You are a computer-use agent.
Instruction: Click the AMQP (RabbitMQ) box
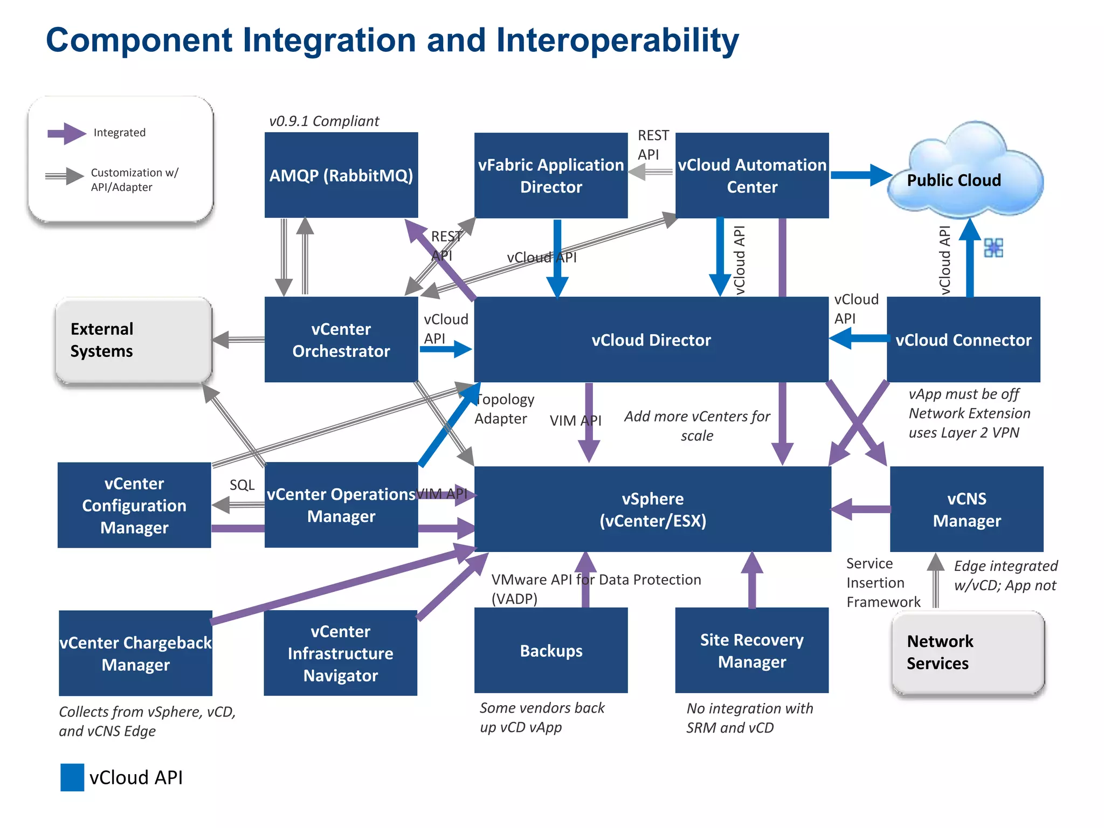coord(341,175)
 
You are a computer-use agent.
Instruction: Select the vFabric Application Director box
coord(550,175)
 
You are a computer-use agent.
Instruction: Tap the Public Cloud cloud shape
coord(965,178)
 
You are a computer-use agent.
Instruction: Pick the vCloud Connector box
coord(963,340)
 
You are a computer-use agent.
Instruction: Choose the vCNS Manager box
coord(966,509)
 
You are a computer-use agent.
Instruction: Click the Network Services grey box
coord(968,652)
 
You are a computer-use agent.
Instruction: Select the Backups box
coord(550,650)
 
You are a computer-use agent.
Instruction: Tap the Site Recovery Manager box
coord(751,650)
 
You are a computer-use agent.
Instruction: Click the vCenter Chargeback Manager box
coord(135,653)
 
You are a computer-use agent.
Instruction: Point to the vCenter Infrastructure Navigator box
coord(340,653)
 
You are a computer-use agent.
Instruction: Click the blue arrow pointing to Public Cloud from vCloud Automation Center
coord(860,175)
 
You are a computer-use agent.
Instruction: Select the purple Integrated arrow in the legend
coord(66,133)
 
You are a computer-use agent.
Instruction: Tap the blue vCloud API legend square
coord(72,777)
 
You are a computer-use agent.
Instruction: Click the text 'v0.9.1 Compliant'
coord(324,121)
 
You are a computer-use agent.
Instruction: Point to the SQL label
coord(241,485)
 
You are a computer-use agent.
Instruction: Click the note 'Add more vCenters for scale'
coord(696,425)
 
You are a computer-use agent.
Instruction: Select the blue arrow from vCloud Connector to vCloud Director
coord(858,339)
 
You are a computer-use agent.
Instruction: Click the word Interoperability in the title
coord(617,40)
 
